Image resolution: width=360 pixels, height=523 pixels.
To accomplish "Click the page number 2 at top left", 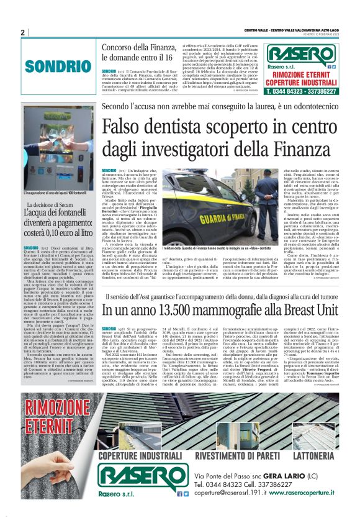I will click(x=22, y=32).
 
